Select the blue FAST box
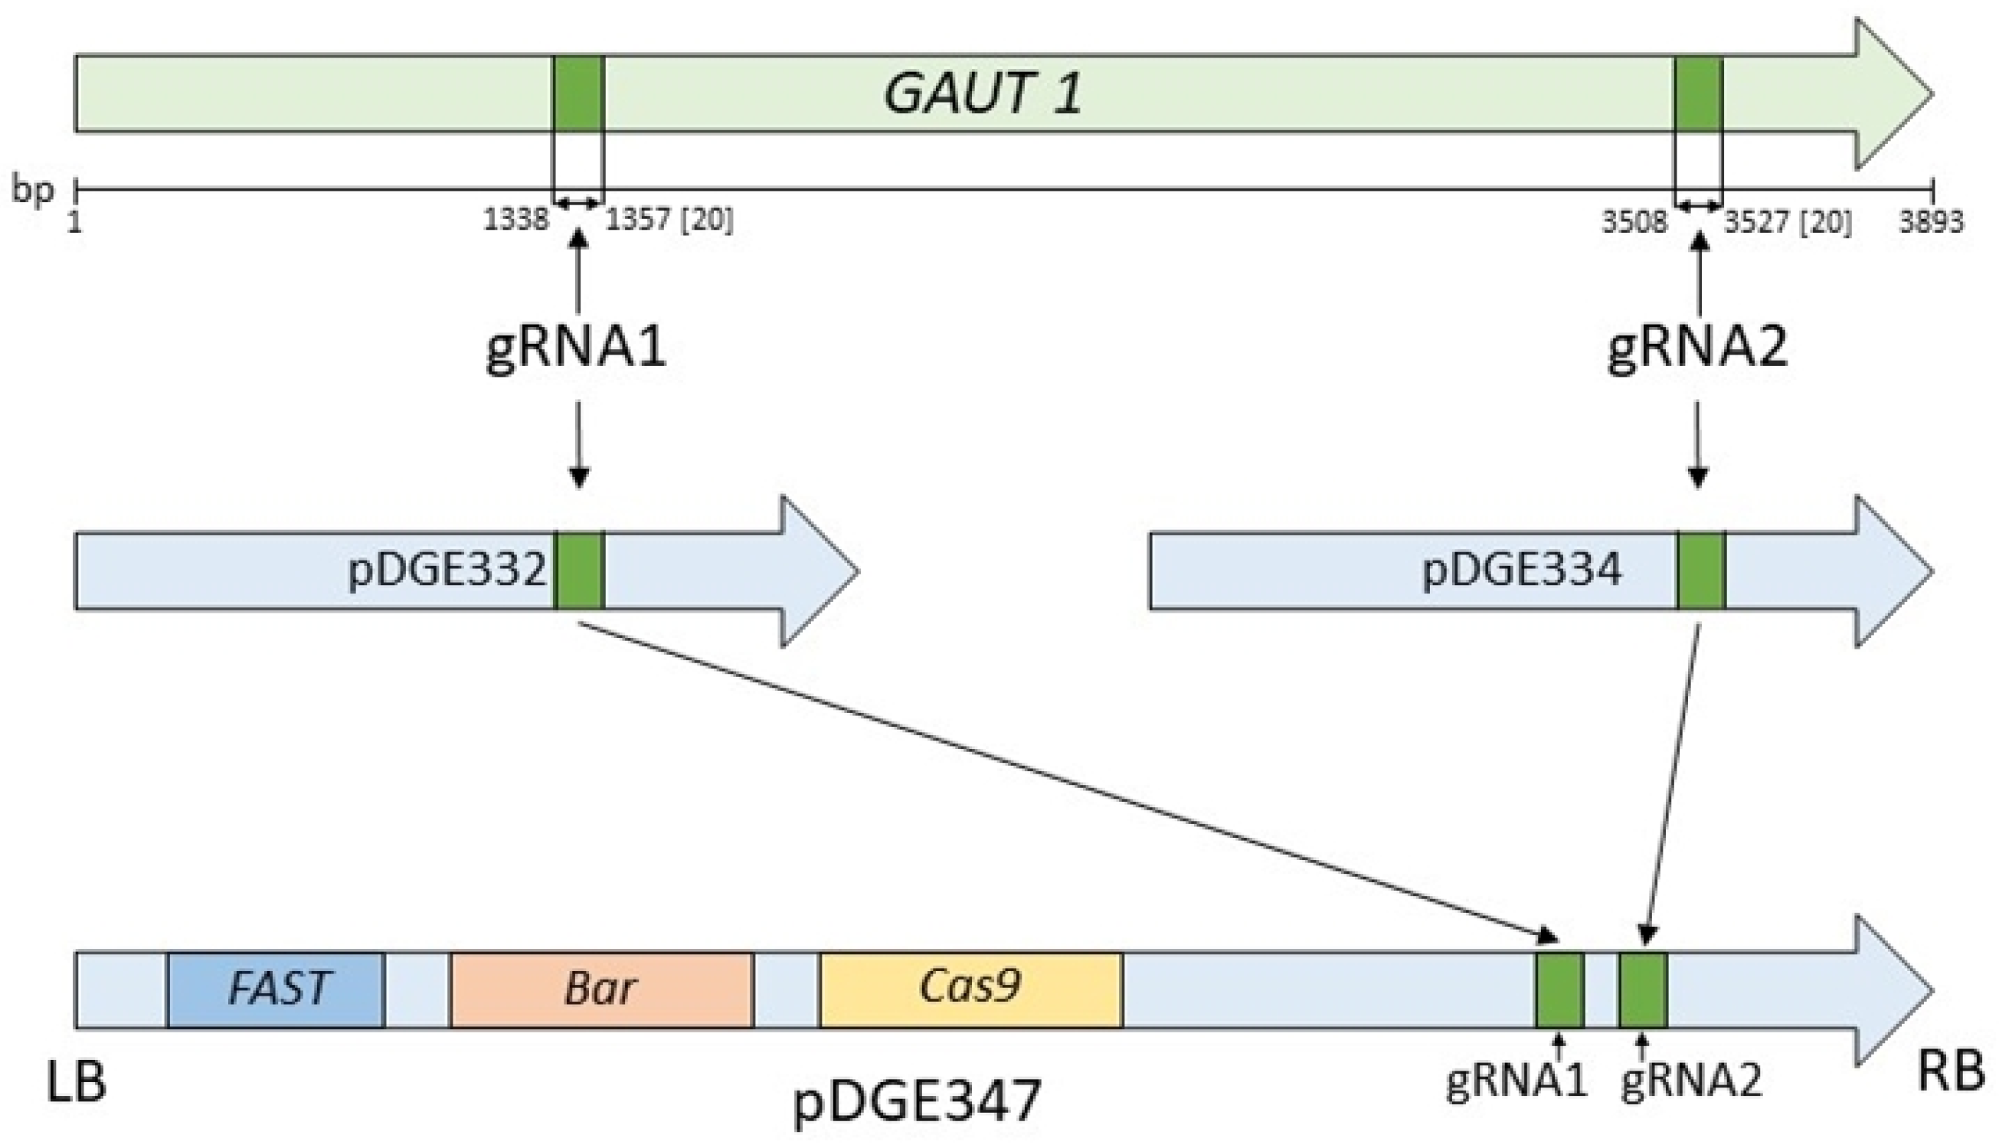pos(276,989)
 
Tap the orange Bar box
pos(600,989)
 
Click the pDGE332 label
pos(447,569)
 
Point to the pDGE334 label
pos(1521,569)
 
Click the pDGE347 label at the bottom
pos(917,1101)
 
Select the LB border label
pos(76,1082)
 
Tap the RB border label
pos(1950,1074)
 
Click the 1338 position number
pos(515,221)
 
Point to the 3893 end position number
pos(1930,222)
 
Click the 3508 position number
pos(1634,222)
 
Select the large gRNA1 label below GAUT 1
pos(576,348)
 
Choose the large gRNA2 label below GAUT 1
pos(1697,348)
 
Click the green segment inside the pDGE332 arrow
pos(579,570)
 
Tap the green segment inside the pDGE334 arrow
pos(1701,570)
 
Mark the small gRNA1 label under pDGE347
pos(1515,1080)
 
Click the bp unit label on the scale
pos(32,191)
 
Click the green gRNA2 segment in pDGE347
pos(1644,990)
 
